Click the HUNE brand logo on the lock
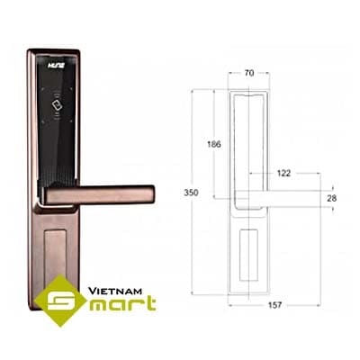coord(56,66)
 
